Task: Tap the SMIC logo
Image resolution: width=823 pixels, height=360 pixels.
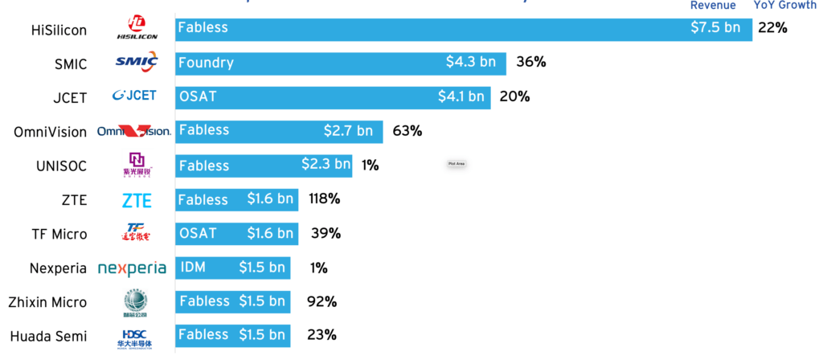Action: click(x=137, y=61)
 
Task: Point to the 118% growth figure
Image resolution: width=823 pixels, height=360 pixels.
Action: click(x=324, y=198)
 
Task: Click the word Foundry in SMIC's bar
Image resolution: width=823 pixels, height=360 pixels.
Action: click(x=206, y=62)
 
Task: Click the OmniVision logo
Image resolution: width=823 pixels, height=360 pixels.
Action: click(x=133, y=131)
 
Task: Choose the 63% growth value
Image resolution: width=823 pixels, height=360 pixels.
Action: click(x=407, y=130)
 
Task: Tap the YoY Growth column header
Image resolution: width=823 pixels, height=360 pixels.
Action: click(x=785, y=6)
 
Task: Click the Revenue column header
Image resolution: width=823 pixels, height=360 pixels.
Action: click(x=713, y=6)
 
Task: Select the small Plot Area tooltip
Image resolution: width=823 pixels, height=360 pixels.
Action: click(x=457, y=163)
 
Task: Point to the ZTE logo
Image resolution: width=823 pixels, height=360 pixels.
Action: click(x=137, y=200)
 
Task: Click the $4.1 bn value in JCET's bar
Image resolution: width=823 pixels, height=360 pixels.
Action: click(x=461, y=96)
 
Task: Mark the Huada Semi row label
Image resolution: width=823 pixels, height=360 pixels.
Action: click(x=48, y=336)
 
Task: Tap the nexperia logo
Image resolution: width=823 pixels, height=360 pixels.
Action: click(x=132, y=268)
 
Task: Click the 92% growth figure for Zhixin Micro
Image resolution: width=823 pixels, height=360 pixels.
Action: click(x=321, y=302)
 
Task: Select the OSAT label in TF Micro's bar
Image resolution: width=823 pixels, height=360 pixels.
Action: click(x=198, y=233)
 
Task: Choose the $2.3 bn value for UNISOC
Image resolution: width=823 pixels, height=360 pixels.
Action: click(x=326, y=165)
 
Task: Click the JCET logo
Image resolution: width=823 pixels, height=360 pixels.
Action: click(x=134, y=96)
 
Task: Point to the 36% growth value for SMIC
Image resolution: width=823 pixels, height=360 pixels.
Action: click(x=530, y=62)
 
